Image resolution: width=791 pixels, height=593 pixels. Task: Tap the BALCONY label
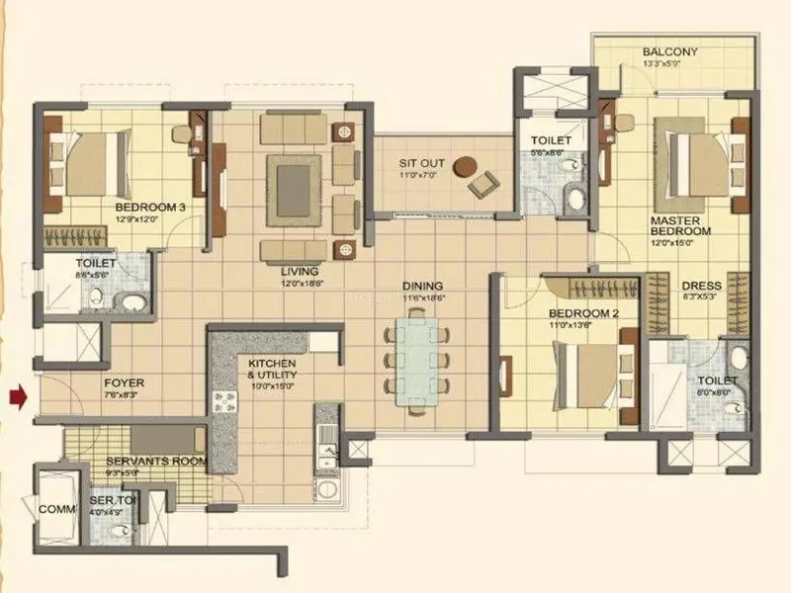point(669,52)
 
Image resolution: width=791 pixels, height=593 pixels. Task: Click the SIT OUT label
point(421,163)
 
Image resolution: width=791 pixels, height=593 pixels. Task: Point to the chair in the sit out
point(483,184)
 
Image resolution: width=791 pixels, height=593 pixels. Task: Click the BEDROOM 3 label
point(149,207)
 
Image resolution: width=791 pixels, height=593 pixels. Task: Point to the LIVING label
point(299,270)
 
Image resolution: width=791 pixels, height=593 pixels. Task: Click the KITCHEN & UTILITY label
point(272,371)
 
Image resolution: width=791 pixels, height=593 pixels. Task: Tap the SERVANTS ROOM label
point(156,461)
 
